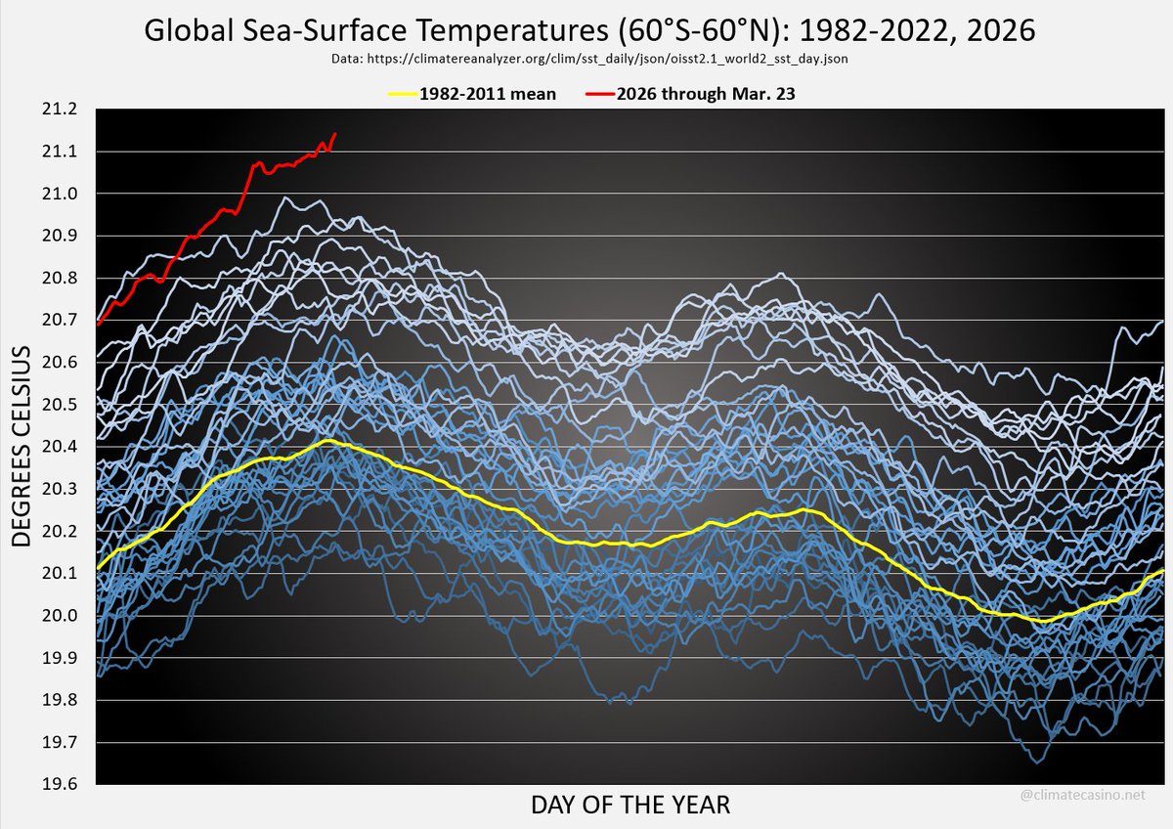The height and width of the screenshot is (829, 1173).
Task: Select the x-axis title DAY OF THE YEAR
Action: point(630,806)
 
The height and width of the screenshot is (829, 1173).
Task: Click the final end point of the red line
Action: point(335,134)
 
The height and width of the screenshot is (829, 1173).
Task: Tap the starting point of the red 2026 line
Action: point(99,324)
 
